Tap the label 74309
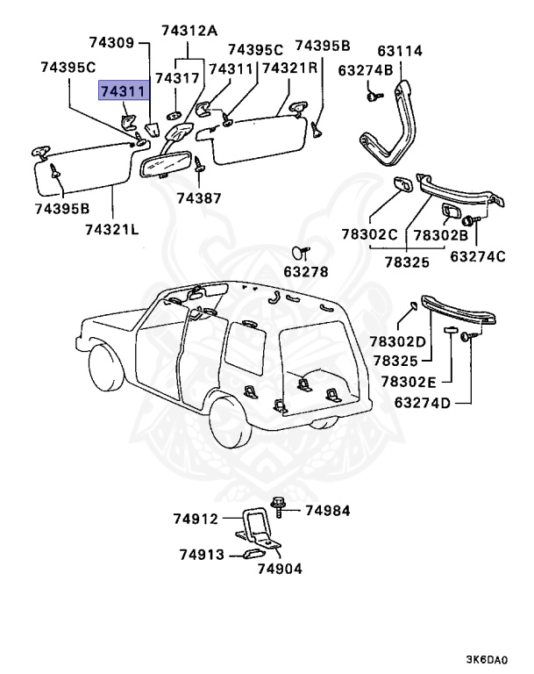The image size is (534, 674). (x=112, y=42)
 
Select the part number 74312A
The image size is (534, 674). (x=189, y=31)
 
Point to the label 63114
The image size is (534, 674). (x=401, y=51)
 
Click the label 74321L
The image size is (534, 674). (x=112, y=229)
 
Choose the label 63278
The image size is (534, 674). (x=305, y=272)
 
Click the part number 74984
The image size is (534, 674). (x=326, y=511)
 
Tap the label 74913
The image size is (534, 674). (x=203, y=555)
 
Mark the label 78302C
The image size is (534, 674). (x=370, y=235)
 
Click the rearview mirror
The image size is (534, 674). (x=163, y=161)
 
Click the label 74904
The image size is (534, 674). (x=279, y=568)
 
